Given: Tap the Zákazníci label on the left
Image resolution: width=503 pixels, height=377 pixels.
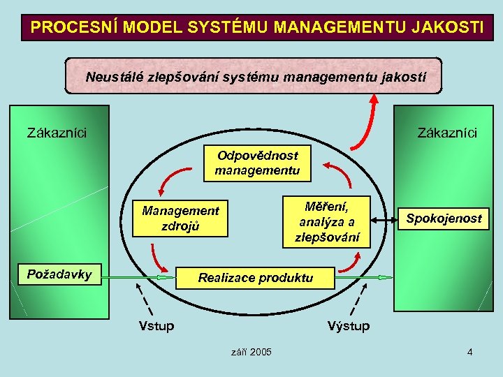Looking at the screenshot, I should tap(57, 132).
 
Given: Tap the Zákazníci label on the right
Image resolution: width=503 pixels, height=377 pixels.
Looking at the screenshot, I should tap(447, 132).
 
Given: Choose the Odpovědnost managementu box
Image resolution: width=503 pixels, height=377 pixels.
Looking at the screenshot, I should tap(257, 163).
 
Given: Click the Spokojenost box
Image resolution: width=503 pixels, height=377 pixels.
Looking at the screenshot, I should tap(444, 219).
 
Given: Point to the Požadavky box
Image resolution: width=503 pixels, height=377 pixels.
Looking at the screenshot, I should tap(59, 274).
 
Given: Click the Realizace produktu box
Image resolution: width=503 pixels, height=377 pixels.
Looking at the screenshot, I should tap(256, 278).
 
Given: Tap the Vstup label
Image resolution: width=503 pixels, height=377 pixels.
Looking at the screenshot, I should tap(156, 326).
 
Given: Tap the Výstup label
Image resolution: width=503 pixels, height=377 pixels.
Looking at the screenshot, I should tap(349, 326).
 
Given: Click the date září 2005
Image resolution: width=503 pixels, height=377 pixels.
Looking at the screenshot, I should tap(251, 352).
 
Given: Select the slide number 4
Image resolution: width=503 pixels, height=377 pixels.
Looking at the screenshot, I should tap(470, 352).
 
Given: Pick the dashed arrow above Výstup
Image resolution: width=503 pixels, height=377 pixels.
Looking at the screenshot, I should tap(356, 301).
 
